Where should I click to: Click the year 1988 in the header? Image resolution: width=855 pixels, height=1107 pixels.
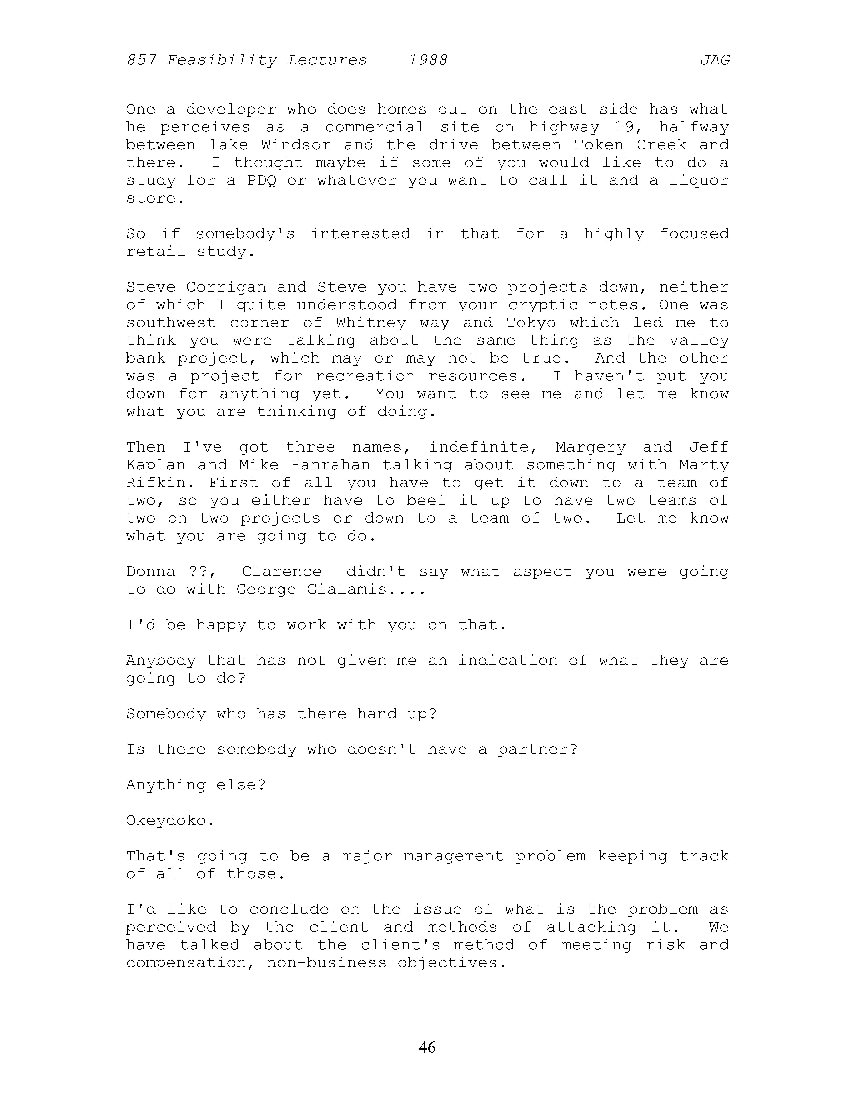pyautogui.click(x=428, y=60)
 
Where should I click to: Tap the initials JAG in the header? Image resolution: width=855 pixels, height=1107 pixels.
pyautogui.click(x=715, y=60)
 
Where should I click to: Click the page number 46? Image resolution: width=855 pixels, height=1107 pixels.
pyautogui.click(x=427, y=1047)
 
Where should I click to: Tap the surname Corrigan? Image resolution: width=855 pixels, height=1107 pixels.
pyautogui.click(x=226, y=287)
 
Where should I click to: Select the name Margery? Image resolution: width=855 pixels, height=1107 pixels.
pyautogui.click(x=591, y=447)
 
